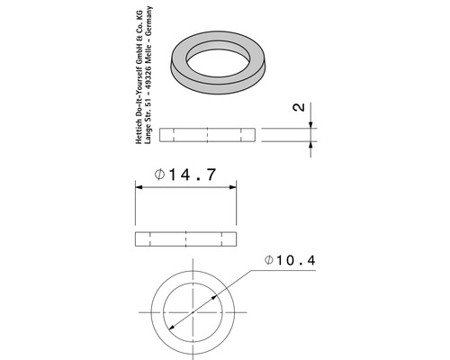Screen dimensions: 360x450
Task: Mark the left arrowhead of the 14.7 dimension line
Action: (139, 187)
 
